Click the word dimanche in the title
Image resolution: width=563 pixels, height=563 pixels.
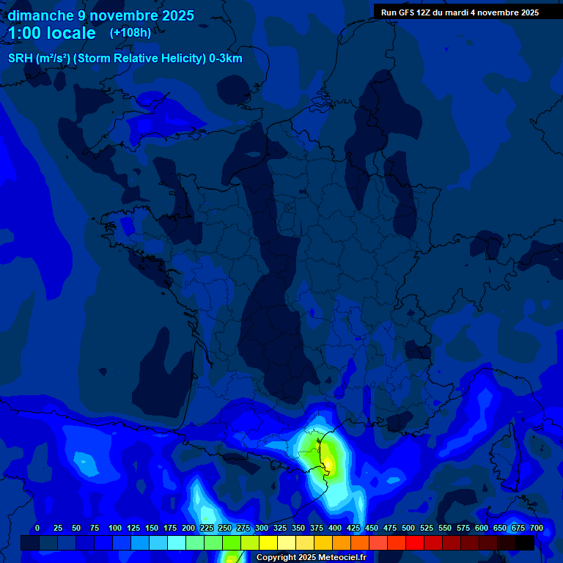[x=40, y=15]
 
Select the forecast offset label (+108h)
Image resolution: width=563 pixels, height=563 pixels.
[x=130, y=33]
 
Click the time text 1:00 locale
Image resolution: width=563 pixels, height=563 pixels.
[x=51, y=33]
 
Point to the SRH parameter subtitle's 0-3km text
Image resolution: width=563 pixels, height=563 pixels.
[x=226, y=59]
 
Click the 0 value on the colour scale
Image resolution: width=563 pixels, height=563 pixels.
[x=37, y=528]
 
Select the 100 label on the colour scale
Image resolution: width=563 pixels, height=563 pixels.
[x=115, y=528]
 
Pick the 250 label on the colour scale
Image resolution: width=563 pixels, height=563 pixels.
[x=225, y=528]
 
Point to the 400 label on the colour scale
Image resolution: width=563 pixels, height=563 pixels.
[x=335, y=528]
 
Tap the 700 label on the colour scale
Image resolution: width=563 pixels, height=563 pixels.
[x=537, y=528]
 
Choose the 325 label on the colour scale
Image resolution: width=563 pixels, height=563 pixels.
[x=280, y=528]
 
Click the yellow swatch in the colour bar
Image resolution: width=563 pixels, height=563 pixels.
[x=268, y=543]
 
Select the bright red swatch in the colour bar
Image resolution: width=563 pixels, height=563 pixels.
[x=415, y=543]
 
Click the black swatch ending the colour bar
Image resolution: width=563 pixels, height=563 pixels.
[x=525, y=543]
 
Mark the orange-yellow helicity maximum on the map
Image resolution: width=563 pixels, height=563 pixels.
[x=330, y=463]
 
